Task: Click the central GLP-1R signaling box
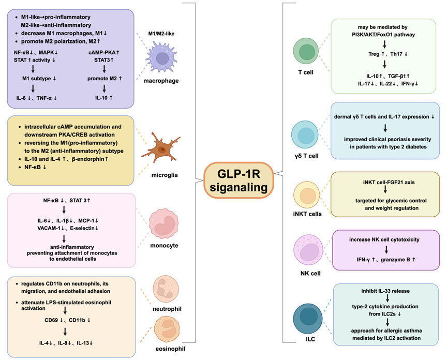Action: [239, 179]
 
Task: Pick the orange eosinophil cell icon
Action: [169, 328]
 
